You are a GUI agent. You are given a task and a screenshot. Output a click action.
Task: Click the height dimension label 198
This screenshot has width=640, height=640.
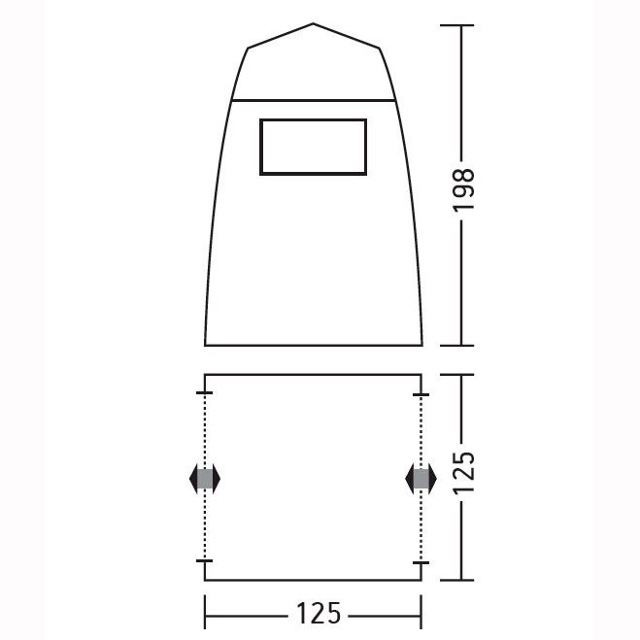(464, 189)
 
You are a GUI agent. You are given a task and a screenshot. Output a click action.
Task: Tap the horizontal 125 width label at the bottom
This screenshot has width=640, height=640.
(319, 613)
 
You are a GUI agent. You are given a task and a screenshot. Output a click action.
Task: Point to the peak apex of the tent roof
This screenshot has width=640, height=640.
(313, 23)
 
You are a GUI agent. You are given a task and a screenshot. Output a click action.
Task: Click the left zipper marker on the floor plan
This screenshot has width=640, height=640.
(205, 479)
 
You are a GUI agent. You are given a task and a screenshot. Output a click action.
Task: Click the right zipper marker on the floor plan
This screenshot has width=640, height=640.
(421, 479)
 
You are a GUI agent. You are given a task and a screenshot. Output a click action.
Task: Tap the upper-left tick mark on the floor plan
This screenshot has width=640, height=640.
(204, 392)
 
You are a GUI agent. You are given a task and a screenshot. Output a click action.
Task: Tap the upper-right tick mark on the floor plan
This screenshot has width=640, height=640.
(421, 394)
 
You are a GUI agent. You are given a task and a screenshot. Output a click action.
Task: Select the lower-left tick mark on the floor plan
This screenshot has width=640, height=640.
(204, 560)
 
